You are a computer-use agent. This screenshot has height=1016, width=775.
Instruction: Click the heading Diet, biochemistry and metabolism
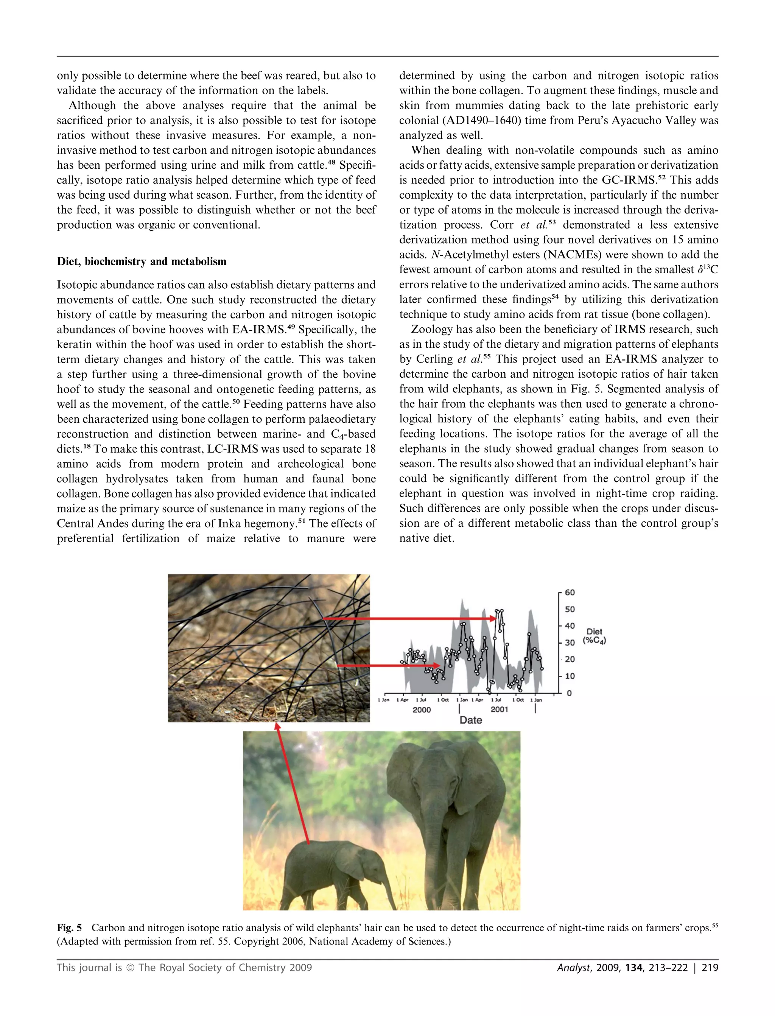click(141, 261)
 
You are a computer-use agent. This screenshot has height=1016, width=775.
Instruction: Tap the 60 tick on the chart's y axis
click(570, 593)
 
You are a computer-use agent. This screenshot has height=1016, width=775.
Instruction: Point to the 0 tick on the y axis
click(569, 693)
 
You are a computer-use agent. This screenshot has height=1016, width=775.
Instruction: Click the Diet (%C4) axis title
click(594, 636)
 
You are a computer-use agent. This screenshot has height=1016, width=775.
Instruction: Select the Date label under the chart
click(470, 720)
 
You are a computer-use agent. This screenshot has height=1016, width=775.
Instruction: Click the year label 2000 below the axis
click(421, 710)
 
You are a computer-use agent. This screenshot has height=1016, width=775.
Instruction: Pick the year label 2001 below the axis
click(499, 710)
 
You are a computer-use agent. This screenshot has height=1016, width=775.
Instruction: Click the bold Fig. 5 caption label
click(69, 928)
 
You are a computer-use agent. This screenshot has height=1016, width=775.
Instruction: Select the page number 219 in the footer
click(710, 968)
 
